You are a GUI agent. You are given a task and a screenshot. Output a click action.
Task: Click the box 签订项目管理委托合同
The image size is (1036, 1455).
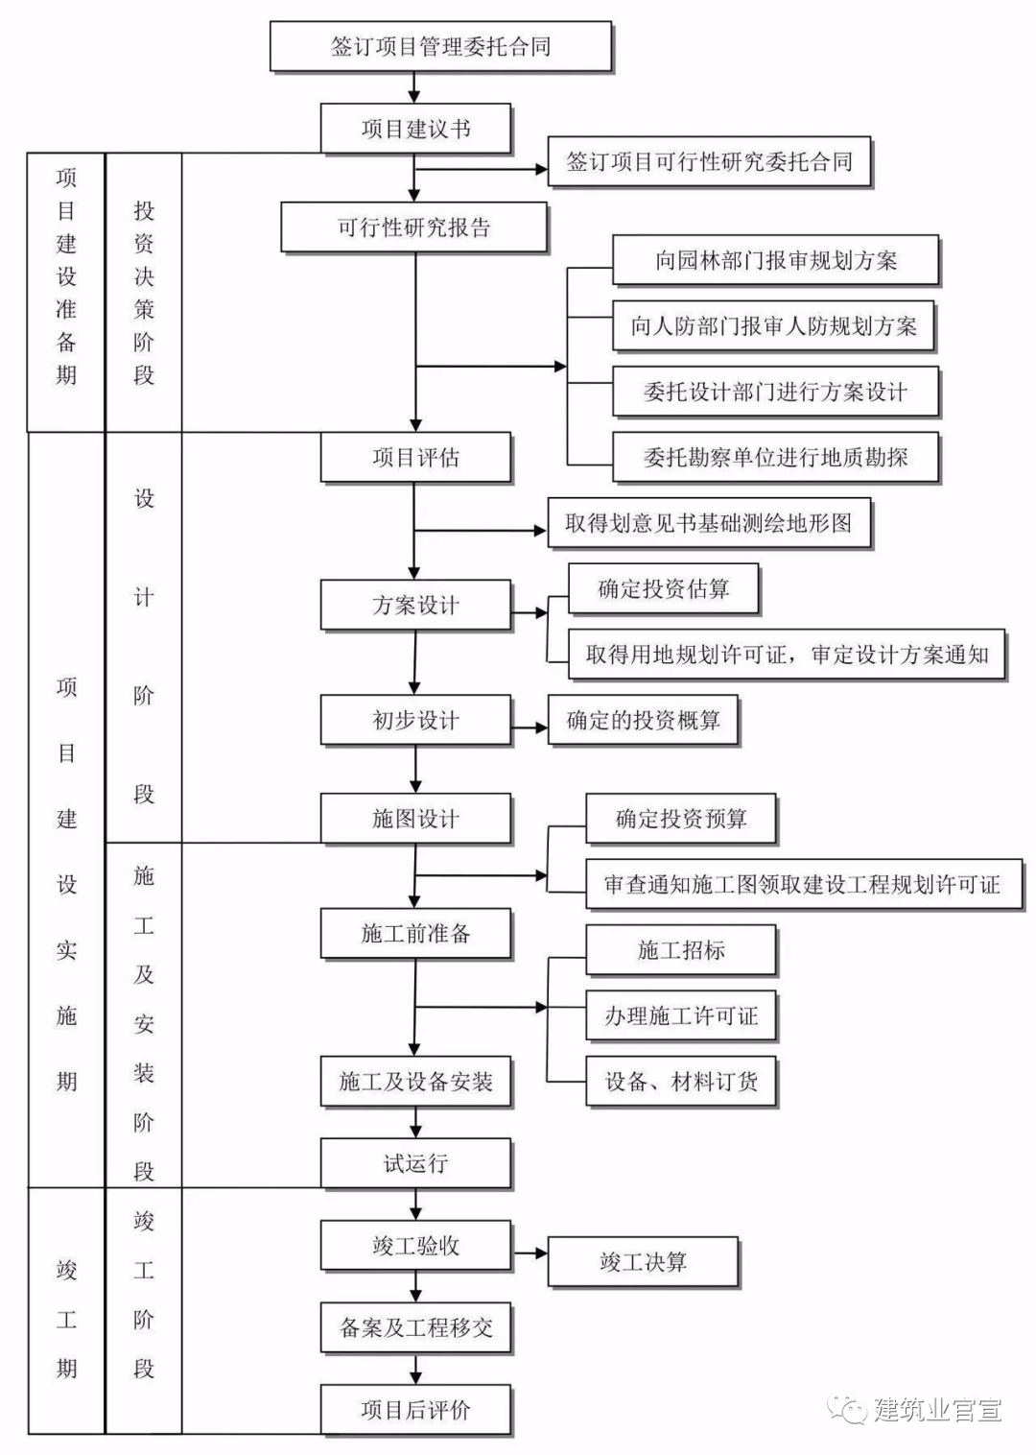440,46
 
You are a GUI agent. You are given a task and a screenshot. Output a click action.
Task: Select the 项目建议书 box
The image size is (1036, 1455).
415,129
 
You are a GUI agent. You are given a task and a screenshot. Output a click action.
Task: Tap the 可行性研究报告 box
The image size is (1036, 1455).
413,227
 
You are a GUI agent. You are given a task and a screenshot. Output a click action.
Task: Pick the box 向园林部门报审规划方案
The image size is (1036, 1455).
775,260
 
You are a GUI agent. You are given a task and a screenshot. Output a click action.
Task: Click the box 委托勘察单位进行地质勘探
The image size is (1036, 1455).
775,457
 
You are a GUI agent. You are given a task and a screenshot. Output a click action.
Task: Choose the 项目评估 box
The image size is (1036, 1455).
415,457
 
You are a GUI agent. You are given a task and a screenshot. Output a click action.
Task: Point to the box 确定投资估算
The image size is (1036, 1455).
663,588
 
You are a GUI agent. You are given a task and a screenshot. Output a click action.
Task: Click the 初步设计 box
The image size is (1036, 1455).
415,720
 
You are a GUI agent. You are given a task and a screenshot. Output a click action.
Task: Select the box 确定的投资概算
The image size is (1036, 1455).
643,720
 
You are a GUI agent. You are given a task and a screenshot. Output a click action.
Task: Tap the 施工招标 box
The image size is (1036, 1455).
680,950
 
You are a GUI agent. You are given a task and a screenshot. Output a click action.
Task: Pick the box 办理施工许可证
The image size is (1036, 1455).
680,1015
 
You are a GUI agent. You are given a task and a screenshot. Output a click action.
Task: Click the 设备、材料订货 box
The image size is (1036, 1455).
680,1082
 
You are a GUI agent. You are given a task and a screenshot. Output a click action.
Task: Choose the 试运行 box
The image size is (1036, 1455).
415,1163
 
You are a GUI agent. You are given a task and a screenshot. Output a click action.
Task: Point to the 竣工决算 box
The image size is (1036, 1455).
643,1261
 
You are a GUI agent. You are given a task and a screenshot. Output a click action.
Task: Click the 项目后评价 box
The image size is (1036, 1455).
415,1409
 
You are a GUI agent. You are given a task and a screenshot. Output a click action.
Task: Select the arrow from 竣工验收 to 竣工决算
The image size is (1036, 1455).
530,1252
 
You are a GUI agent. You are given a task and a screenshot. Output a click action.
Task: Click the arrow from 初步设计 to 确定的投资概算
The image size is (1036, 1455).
530,727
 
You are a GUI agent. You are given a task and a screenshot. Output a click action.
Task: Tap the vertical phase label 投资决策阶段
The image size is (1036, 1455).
144,293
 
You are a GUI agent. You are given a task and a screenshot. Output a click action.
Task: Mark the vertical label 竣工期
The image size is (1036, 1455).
66,1319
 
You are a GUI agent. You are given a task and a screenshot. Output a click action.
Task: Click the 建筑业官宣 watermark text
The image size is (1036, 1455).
937,1409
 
